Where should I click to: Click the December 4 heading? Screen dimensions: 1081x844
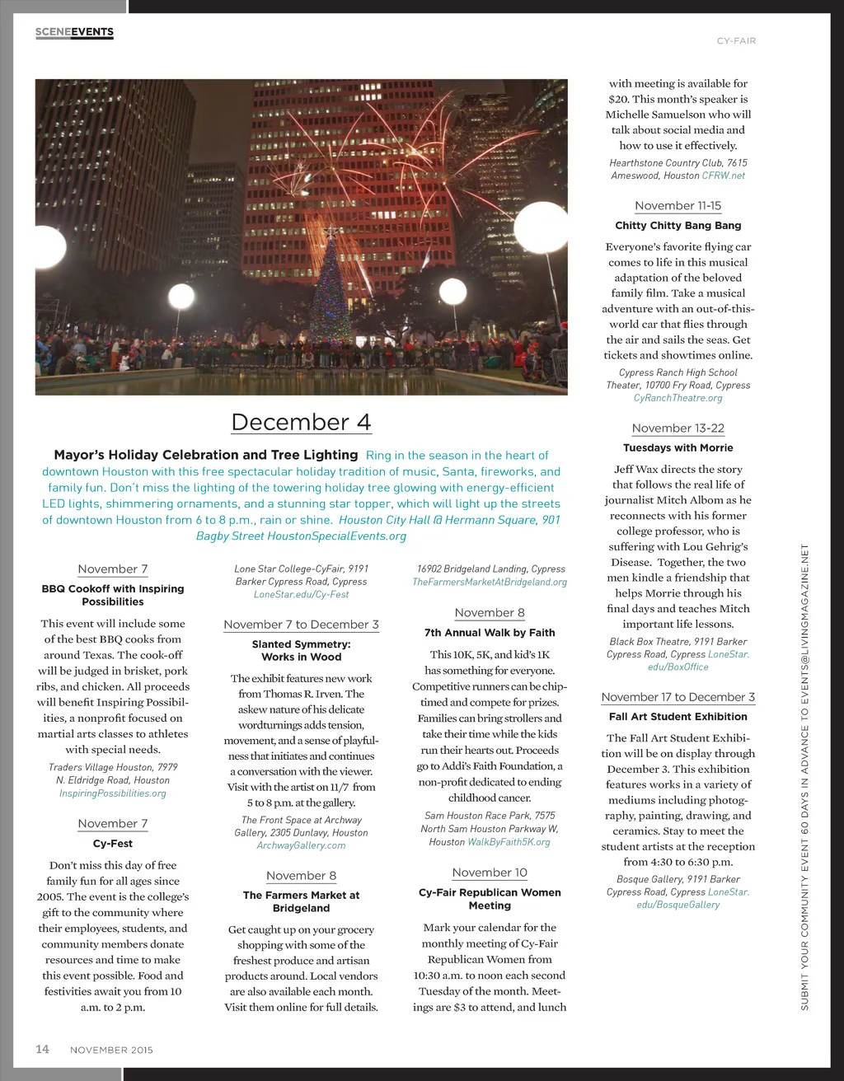[x=301, y=422]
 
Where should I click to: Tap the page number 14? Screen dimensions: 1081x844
[x=42, y=1049]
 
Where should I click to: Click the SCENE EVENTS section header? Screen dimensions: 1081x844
[x=74, y=32]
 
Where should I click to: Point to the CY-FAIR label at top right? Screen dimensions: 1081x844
[x=736, y=40]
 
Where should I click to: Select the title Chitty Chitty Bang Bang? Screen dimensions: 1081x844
[x=678, y=226]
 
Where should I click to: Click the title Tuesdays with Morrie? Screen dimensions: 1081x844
[x=678, y=448]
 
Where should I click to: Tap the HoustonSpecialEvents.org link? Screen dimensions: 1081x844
[x=337, y=536]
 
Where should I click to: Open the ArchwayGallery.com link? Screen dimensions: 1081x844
[x=301, y=845]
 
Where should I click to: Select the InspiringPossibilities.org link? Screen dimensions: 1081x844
[x=113, y=793]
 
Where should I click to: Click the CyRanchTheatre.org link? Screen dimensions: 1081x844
[x=678, y=398]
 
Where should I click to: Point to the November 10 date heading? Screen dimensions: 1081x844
[x=490, y=873]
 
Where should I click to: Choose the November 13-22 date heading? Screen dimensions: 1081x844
[x=678, y=428]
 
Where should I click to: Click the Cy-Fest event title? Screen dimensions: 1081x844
[x=113, y=844]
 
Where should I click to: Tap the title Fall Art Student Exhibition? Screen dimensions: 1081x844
[x=678, y=717]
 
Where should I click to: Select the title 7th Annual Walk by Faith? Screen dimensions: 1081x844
[x=490, y=633]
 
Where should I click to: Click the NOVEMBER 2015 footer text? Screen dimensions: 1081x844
[x=111, y=1051]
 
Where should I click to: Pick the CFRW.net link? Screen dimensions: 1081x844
[x=724, y=175]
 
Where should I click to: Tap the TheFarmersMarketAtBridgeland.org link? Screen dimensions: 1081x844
[x=490, y=582]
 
